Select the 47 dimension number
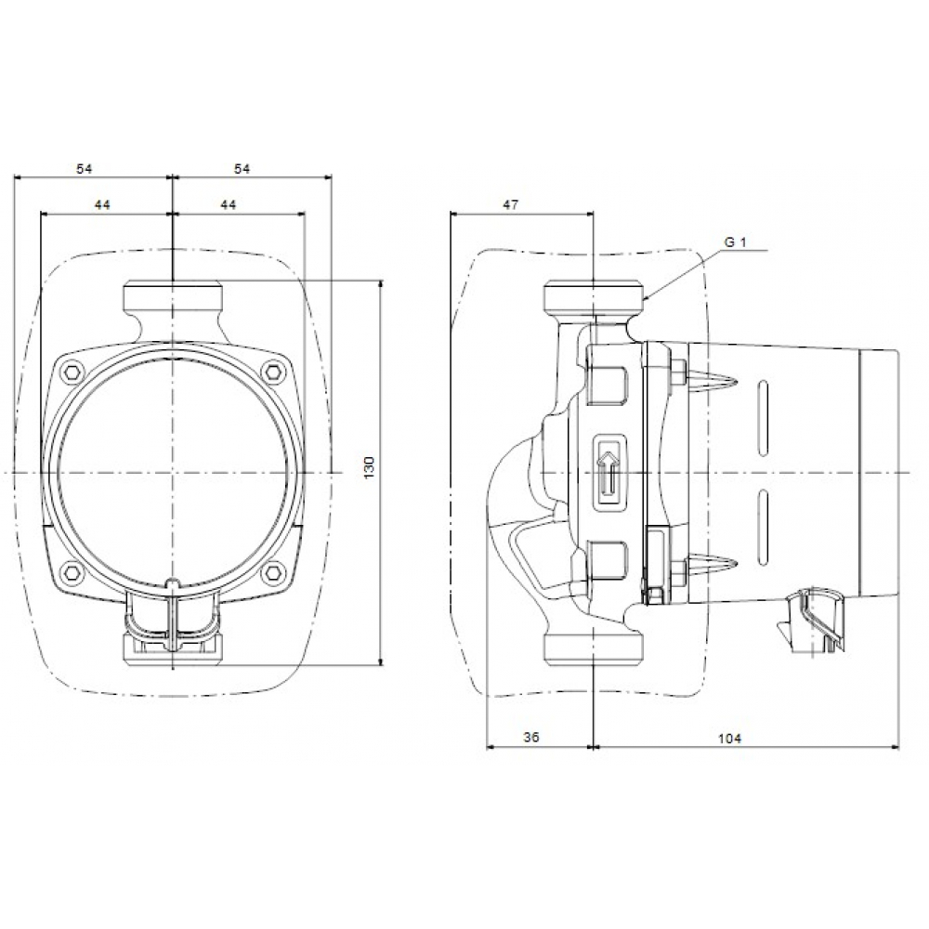click(x=509, y=203)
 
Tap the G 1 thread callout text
click(x=735, y=242)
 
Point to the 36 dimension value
click(x=530, y=737)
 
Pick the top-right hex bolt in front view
click(x=272, y=373)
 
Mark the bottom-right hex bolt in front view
click(x=272, y=570)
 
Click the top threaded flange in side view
click(x=593, y=298)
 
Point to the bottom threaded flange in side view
click(x=593, y=648)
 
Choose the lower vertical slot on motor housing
click(x=765, y=530)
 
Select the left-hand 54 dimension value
click(x=85, y=168)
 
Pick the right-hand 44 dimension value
click(x=228, y=203)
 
